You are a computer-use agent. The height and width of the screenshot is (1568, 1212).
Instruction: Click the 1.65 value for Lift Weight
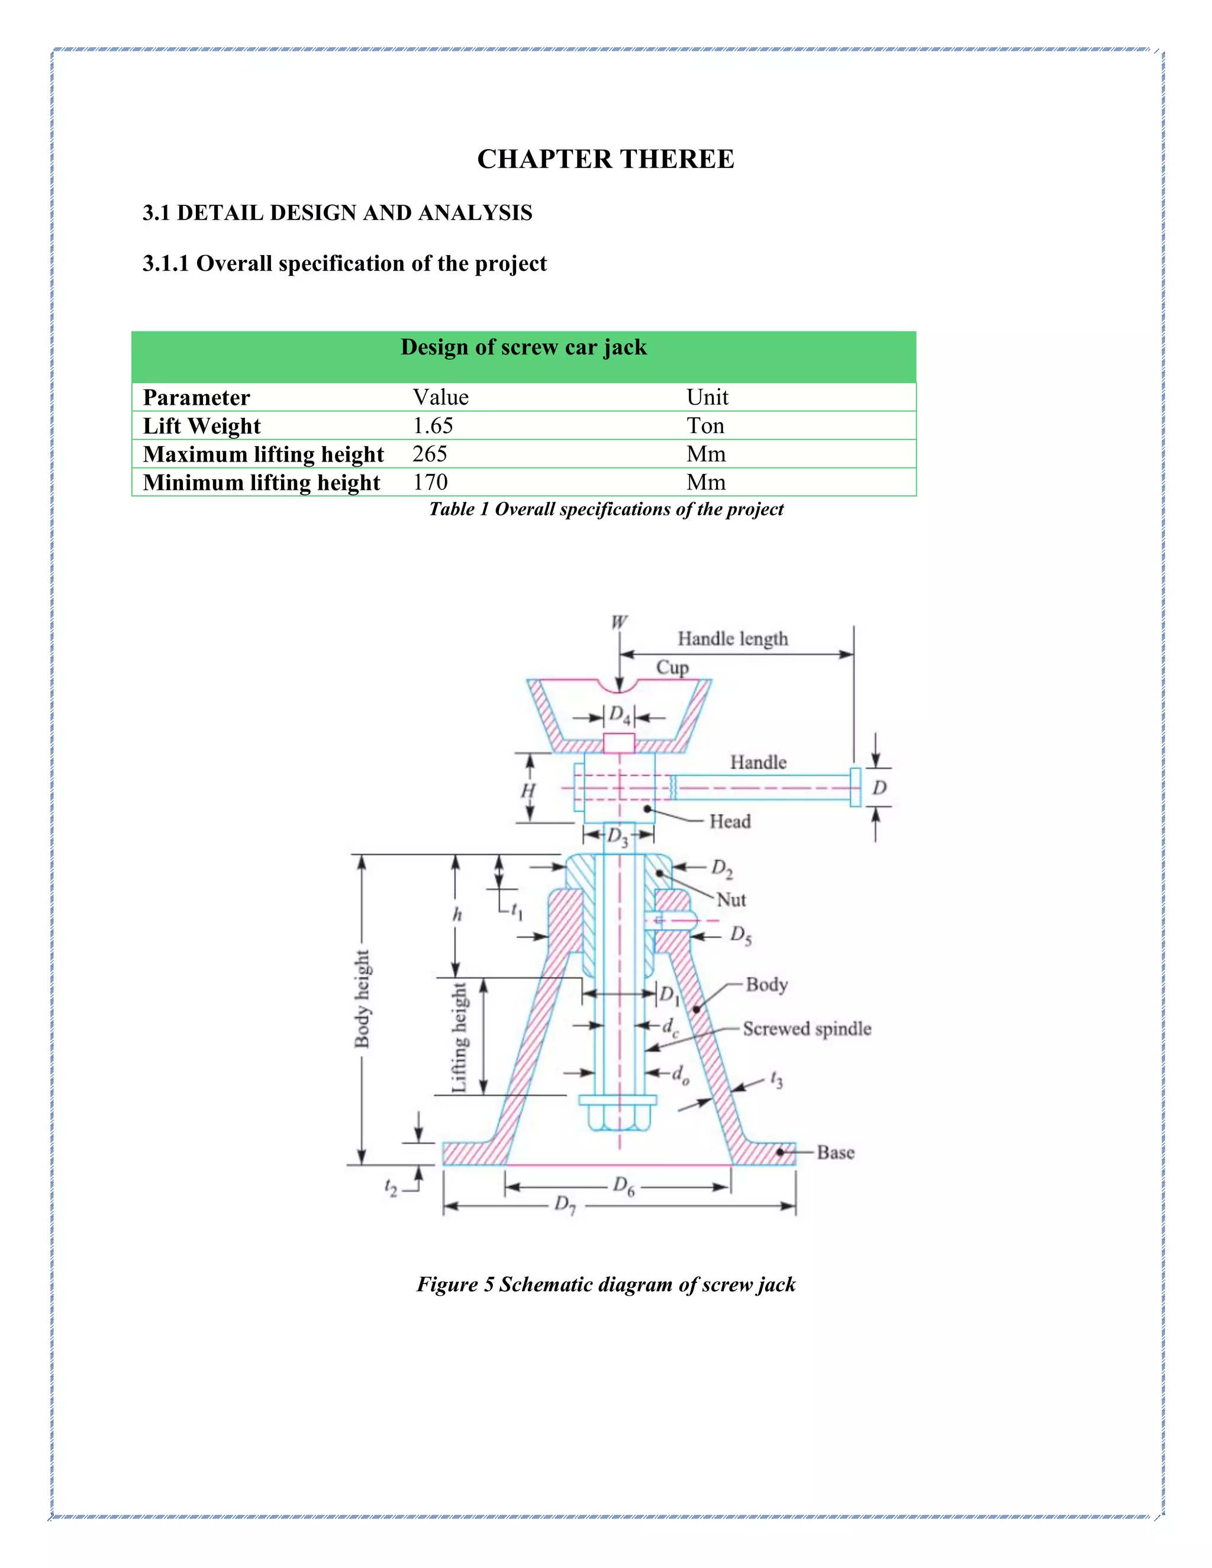click(433, 426)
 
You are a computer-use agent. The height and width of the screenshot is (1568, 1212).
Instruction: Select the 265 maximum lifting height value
click(430, 454)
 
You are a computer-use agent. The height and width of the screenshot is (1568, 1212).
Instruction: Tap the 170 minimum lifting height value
click(430, 482)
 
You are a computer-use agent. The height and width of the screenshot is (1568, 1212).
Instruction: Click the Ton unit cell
click(705, 426)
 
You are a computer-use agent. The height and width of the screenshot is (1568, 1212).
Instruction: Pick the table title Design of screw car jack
click(523, 347)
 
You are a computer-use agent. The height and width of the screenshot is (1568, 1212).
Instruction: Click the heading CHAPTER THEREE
click(605, 159)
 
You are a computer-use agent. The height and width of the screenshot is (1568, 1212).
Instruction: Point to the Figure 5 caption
click(605, 1284)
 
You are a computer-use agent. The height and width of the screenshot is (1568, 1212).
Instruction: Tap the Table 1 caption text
click(605, 509)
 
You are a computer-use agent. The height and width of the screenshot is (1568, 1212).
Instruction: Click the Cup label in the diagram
click(672, 667)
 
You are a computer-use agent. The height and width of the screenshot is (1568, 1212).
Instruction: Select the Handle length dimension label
click(733, 638)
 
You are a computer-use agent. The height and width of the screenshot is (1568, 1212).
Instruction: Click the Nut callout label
click(731, 899)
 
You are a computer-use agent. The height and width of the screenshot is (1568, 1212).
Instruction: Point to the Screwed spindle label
click(807, 1029)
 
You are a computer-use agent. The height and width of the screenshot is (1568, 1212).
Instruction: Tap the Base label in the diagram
click(835, 1152)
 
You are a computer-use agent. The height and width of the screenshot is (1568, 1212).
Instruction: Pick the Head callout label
click(730, 821)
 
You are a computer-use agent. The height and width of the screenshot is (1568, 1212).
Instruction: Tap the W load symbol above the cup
click(619, 622)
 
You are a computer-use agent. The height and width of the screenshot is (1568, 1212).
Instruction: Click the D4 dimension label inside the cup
click(620, 716)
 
